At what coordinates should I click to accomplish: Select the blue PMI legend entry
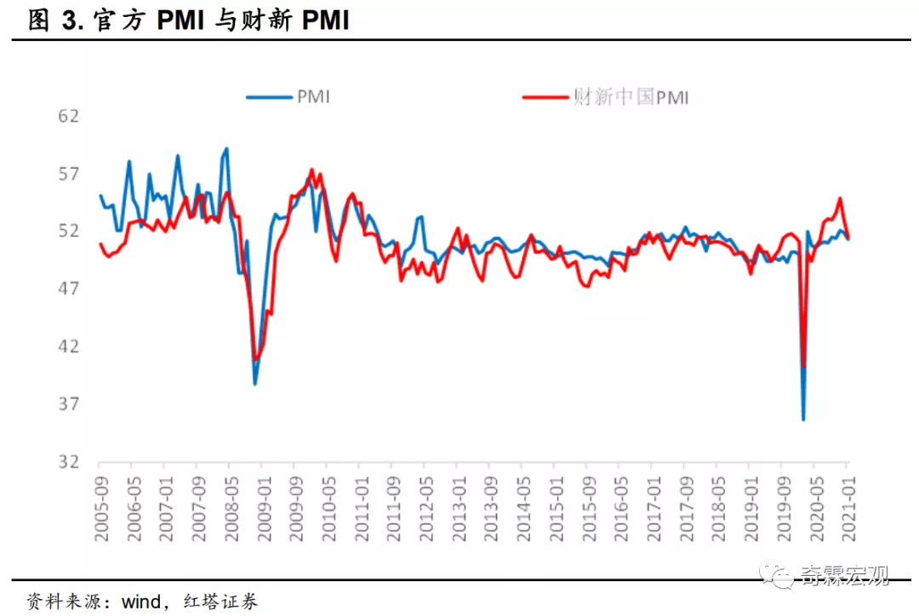click(288, 97)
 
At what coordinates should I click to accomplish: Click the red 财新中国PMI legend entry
click(605, 97)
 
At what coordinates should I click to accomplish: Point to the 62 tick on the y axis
click(68, 116)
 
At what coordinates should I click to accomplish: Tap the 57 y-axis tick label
click(68, 174)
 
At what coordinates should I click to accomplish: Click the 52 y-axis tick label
click(68, 231)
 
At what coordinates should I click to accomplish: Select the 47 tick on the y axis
click(68, 289)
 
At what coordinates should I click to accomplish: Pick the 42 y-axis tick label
click(68, 346)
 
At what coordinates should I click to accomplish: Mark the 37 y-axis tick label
click(68, 404)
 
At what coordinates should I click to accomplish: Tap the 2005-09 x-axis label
click(100, 504)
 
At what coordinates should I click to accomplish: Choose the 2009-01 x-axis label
click(262, 504)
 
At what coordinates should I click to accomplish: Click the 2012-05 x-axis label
click(424, 504)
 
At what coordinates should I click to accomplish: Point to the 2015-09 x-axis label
click(587, 504)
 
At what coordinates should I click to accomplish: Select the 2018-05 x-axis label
click(717, 504)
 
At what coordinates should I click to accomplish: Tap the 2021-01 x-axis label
click(848, 504)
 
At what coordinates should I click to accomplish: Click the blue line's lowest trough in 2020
click(802, 419)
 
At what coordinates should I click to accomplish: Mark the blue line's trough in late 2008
click(254, 384)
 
